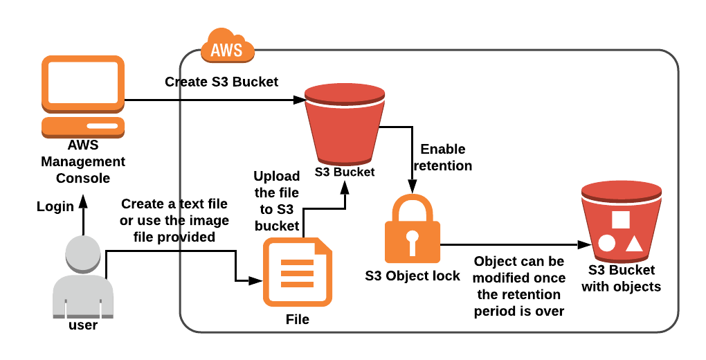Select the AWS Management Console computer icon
[83, 96]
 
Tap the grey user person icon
[82, 273]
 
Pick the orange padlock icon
[412, 229]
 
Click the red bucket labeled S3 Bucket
[344, 125]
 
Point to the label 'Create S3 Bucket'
[221, 82]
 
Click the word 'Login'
[55, 206]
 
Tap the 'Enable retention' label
[442, 157]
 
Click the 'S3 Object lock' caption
[413, 276]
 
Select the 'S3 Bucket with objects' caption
[621, 278]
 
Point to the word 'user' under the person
[82, 325]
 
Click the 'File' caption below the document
[298, 319]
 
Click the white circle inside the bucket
[606, 243]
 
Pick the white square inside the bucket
[621, 219]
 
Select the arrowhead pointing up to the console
[82, 199]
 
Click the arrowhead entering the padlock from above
[413, 187]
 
